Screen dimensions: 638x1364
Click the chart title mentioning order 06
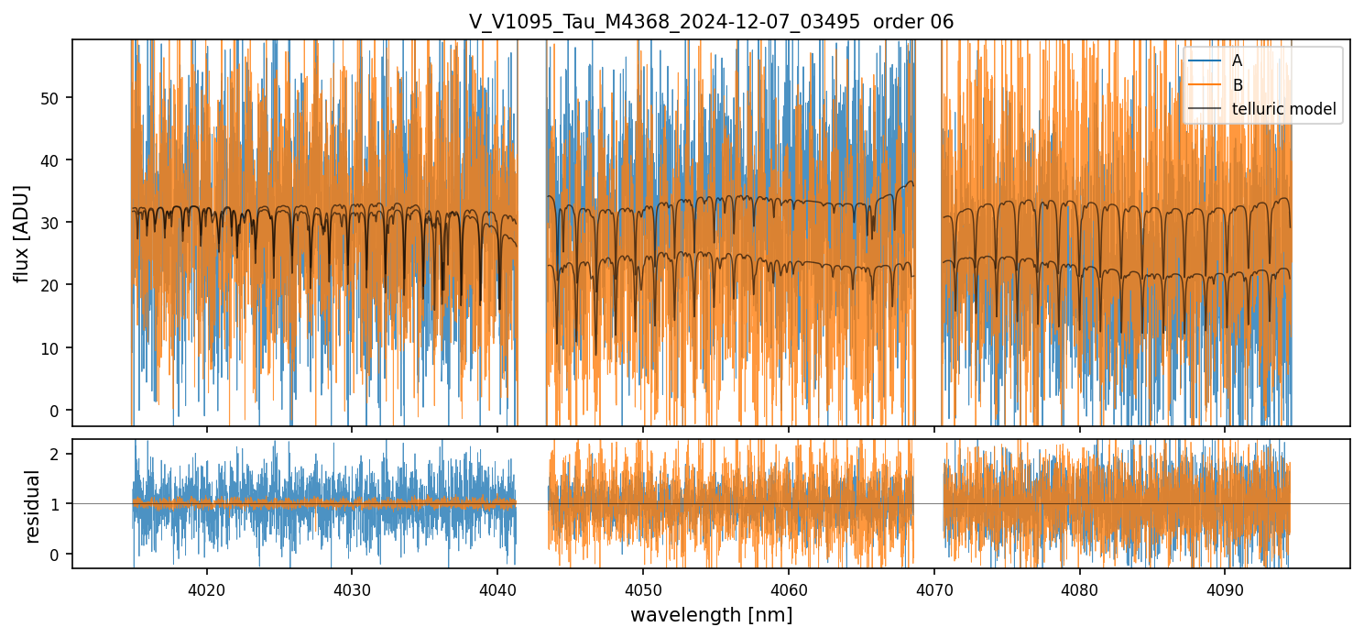point(711,22)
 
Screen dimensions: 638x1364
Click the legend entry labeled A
point(1237,60)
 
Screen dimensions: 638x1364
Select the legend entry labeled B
point(1237,85)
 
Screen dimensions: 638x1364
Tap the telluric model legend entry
point(1283,109)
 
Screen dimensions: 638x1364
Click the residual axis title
point(33,505)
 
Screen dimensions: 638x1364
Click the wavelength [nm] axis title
point(711,615)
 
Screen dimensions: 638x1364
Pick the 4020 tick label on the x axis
point(206,588)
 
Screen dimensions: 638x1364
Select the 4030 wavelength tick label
point(352,588)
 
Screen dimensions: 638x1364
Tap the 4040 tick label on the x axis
point(497,588)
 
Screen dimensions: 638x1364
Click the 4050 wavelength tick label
point(643,588)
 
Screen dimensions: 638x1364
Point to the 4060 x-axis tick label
point(789,588)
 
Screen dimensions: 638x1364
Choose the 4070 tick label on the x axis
point(934,588)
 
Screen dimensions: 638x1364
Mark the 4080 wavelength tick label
point(1080,588)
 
